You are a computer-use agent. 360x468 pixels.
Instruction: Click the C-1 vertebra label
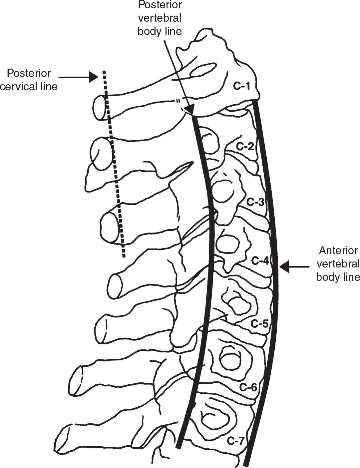coord(241,86)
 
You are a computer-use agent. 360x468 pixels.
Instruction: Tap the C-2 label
coord(245,146)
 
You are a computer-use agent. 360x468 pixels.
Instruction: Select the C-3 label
coord(255,202)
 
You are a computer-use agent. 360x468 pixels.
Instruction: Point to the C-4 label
coord(260,261)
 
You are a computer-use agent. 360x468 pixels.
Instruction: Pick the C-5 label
coord(259,323)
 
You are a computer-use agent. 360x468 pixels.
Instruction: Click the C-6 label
coord(248,387)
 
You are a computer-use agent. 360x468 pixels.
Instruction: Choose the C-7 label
coord(236,441)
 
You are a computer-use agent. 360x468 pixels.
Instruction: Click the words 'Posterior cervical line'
coord(29,80)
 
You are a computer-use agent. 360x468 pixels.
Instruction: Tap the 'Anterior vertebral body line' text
coord(338,263)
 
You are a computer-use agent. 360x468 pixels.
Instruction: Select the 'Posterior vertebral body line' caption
coord(160,18)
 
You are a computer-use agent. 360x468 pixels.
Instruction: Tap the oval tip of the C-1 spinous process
coord(100,107)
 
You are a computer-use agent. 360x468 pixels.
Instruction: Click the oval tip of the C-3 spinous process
coord(110,227)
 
